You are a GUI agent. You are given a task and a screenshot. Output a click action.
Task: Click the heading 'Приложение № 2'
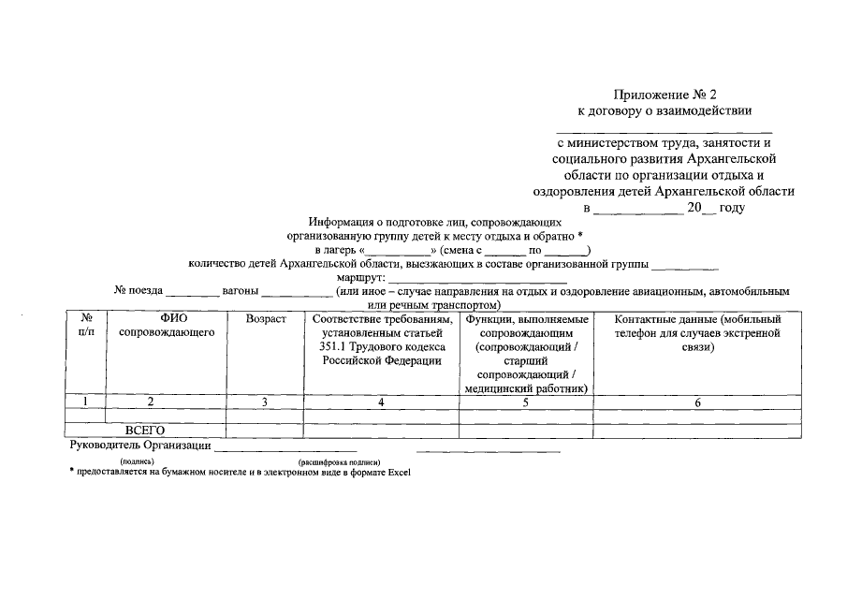664,95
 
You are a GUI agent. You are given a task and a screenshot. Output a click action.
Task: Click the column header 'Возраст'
265,320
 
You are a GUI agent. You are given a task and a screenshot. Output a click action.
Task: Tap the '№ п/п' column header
86,326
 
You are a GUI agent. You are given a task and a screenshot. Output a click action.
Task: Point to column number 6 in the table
697,402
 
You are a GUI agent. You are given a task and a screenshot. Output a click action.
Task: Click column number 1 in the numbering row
86,402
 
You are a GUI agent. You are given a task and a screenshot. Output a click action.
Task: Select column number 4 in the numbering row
381,402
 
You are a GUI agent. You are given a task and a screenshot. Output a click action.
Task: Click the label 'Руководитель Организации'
139,446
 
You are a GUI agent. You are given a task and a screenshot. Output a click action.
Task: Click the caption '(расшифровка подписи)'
339,462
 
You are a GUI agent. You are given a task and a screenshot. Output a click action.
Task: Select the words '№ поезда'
139,291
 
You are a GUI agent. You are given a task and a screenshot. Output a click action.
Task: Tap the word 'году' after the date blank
732,208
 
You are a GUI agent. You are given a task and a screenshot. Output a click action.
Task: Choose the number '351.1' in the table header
334,347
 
